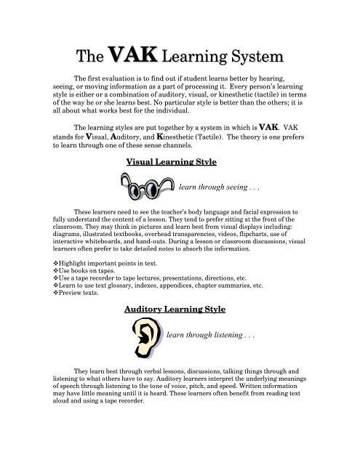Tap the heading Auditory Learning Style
click(179, 309)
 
